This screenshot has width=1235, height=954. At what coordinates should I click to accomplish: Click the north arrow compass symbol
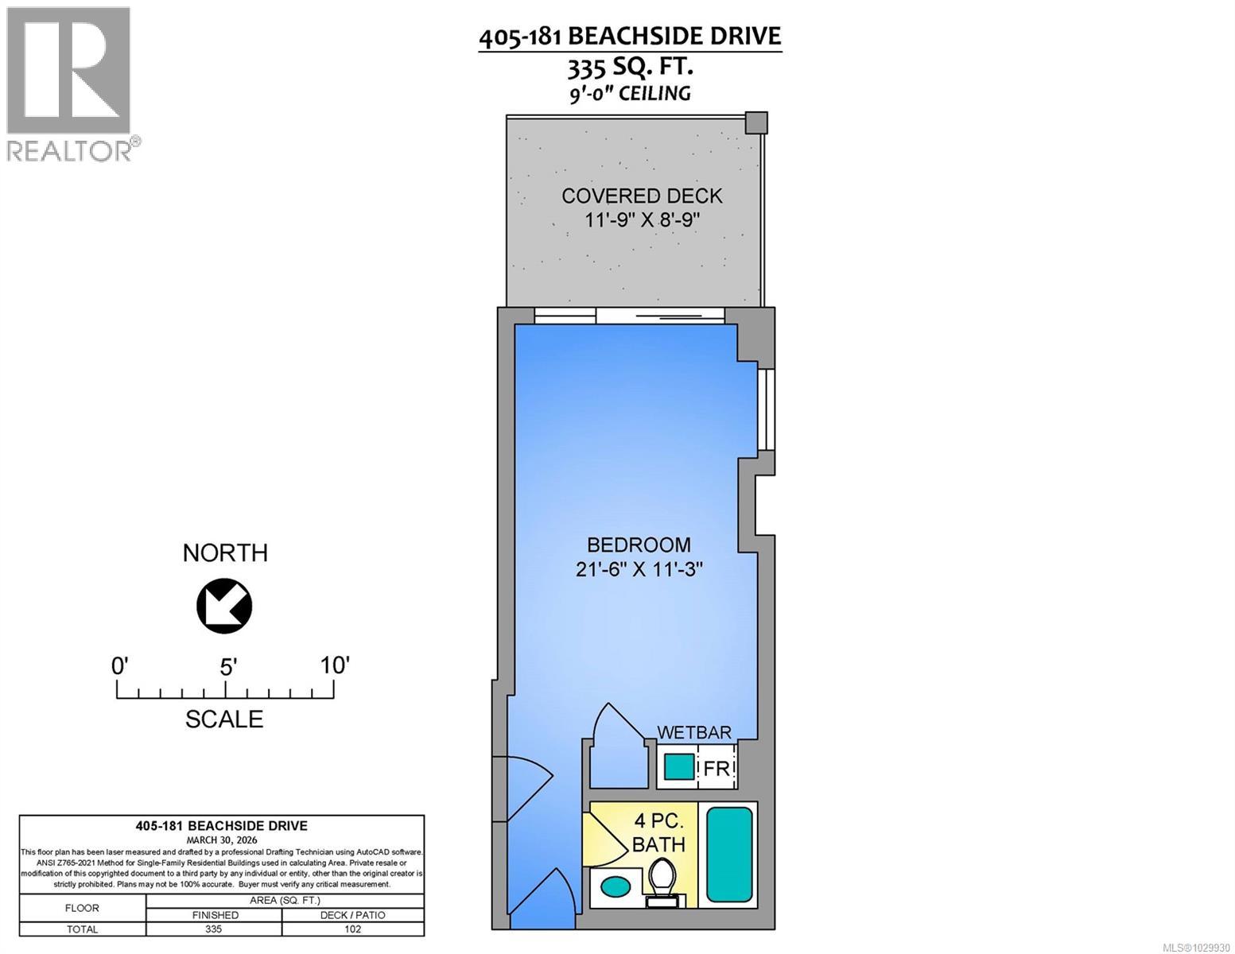point(224,607)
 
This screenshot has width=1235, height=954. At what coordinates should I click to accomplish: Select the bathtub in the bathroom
point(729,855)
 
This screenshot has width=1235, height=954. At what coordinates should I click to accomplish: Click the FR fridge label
point(716,769)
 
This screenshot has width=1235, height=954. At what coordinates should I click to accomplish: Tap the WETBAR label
point(693,732)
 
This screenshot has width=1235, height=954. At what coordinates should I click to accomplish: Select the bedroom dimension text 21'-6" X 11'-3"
point(639,569)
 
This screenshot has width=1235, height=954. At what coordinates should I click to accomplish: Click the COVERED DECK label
point(642,196)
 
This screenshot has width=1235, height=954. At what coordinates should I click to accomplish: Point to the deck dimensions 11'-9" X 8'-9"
point(642,220)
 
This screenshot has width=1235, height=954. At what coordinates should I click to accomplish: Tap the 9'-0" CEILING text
point(635,94)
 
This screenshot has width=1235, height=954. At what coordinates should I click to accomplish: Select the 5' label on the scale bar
point(228,666)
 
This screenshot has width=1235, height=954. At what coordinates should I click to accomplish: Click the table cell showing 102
point(353,929)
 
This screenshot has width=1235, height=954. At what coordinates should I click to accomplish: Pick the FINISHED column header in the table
point(215,915)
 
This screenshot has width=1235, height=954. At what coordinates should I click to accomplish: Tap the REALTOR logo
point(70,83)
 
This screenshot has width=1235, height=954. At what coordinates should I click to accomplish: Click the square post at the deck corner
point(756,122)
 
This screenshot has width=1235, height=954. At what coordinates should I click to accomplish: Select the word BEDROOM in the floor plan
point(639,545)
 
